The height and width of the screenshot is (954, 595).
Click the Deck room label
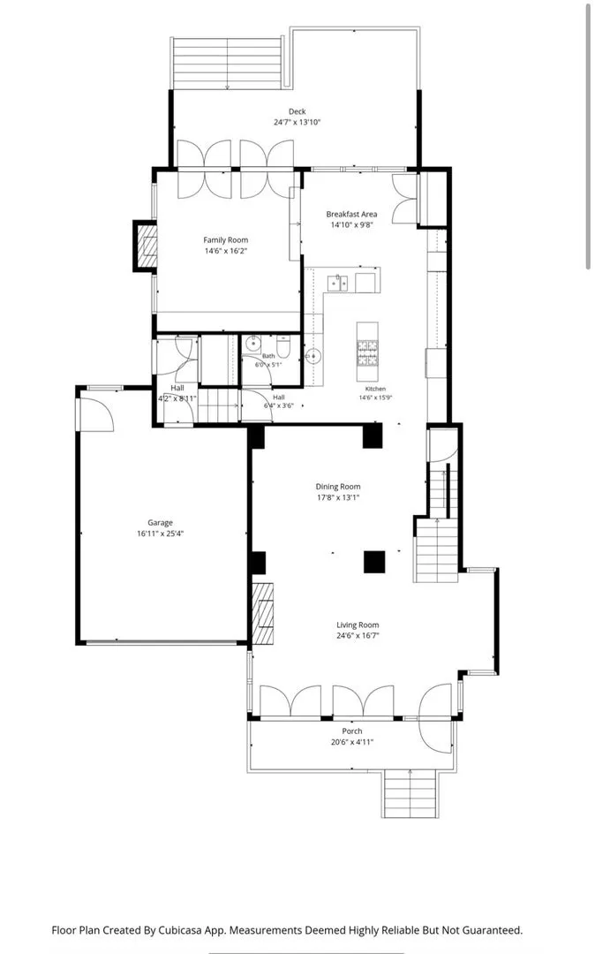(x=297, y=111)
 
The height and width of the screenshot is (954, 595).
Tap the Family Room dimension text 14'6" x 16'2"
(x=226, y=251)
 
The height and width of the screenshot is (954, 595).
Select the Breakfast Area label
(x=351, y=214)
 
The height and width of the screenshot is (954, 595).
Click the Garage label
(x=160, y=523)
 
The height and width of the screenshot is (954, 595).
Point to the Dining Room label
(x=338, y=487)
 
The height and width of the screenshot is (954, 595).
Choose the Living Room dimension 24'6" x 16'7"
(x=358, y=636)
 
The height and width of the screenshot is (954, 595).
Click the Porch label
(x=352, y=731)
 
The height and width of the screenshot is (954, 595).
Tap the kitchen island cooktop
(x=367, y=352)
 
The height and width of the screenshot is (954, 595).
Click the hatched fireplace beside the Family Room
(x=146, y=246)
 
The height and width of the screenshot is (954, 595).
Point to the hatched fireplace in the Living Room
(x=262, y=614)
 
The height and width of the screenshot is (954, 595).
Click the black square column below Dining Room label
(x=374, y=562)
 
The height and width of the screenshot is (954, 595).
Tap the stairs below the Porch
(x=410, y=793)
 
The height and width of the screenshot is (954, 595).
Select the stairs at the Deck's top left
(x=227, y=64)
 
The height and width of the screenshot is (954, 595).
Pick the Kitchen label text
(x=375, y=389)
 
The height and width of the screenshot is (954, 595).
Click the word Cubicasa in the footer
(x=183, y=930)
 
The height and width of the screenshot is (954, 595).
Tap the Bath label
(x=268, y=356)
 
